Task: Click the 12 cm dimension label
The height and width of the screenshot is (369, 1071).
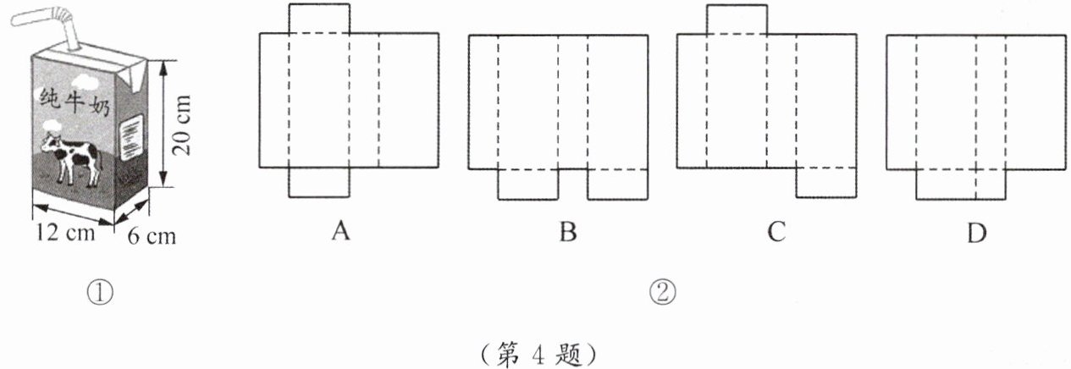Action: [61, 232]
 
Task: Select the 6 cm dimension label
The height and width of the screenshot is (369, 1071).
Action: [153, 236]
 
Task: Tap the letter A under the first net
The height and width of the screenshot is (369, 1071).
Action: [340, 231]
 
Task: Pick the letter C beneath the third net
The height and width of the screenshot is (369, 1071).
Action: [776, 231]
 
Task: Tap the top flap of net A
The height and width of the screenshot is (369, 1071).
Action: [318, 19]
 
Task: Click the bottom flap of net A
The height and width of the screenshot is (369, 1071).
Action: [318, 182]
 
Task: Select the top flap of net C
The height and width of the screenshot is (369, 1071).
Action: [737, 19]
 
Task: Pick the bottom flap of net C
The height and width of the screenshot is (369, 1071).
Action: [825, 183]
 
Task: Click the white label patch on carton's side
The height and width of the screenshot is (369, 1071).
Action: [133, 134]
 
